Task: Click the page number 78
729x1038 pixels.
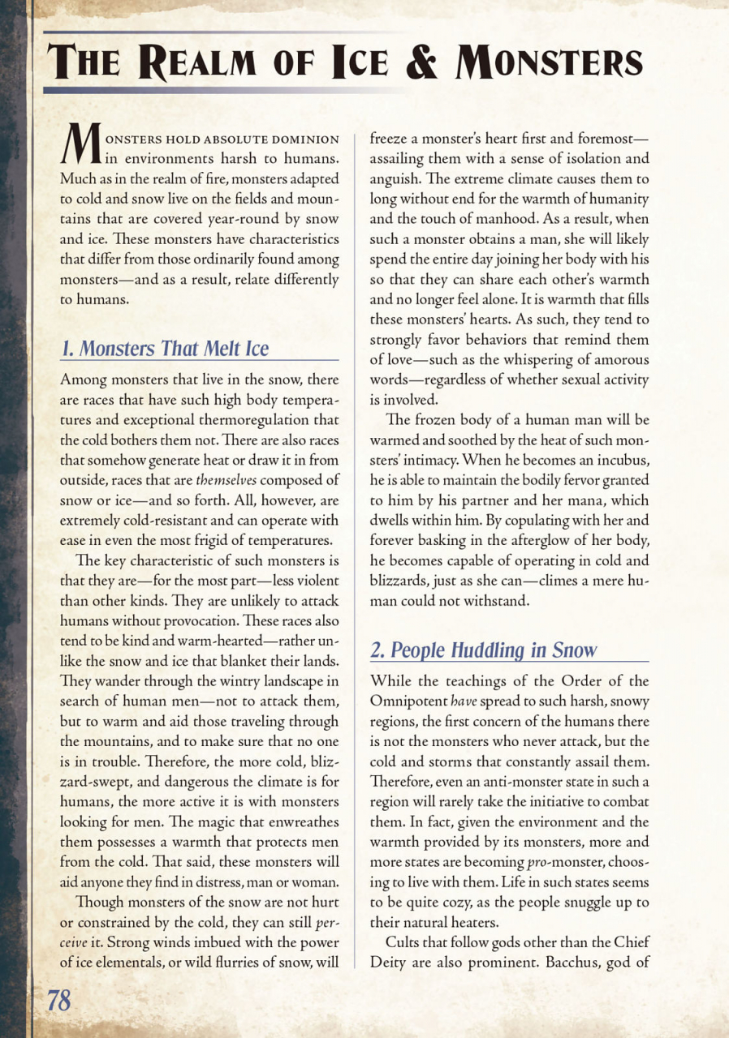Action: (58, 1001)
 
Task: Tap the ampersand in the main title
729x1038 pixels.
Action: (427, 62)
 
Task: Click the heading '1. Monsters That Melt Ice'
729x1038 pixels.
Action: (165, 349)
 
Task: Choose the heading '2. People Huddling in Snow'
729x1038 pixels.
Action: (483, 650)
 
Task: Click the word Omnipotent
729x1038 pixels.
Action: (408, 700)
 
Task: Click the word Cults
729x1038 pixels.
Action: (405, 942)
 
